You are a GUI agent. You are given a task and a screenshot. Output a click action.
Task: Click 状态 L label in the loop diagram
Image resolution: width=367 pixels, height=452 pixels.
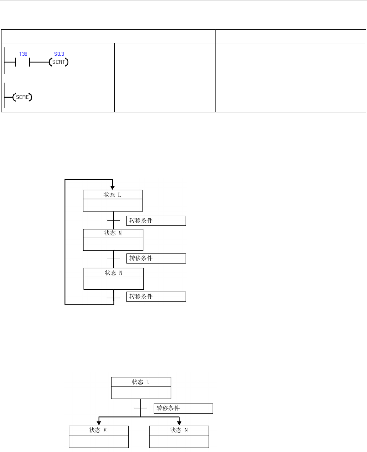[x=113, y=195]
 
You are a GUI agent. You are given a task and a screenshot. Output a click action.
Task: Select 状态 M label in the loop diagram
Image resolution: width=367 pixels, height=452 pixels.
[x=113, y=234]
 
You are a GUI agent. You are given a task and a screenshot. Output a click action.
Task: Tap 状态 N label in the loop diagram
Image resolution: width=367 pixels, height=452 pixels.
[x=113, y=272]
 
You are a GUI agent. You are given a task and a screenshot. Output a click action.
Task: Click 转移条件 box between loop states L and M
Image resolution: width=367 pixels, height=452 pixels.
[x=156, y=221]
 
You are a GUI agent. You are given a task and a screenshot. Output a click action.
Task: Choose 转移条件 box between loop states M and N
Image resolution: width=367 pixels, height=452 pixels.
[x=156, y=258]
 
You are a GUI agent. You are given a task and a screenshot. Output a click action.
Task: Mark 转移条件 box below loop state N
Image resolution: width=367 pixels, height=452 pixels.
[x=156, y=297]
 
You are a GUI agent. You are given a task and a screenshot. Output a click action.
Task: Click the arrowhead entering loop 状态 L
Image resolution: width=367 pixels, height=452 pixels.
[x=113, y=187]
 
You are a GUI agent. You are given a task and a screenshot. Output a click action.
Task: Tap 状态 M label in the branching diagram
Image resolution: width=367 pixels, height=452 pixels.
[x=99, y=430]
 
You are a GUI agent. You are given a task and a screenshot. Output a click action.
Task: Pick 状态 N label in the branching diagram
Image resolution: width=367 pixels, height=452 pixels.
[x=179, y=430]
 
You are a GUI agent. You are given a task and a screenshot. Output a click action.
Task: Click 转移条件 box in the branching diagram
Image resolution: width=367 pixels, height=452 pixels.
[x=183, y=408]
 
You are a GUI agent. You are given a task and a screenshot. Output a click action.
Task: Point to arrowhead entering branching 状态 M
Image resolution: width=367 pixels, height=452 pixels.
[x=99, y=423]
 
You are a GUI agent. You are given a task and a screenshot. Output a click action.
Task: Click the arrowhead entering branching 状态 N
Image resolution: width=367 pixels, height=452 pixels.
[x=179, y=423]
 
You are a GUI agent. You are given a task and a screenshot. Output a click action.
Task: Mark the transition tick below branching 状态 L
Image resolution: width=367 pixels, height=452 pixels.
[x=140, y=408]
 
